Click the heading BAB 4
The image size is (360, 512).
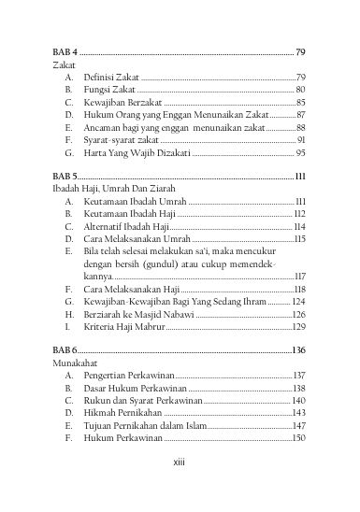coord(65,52)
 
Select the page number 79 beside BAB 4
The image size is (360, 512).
coord(300,52)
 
